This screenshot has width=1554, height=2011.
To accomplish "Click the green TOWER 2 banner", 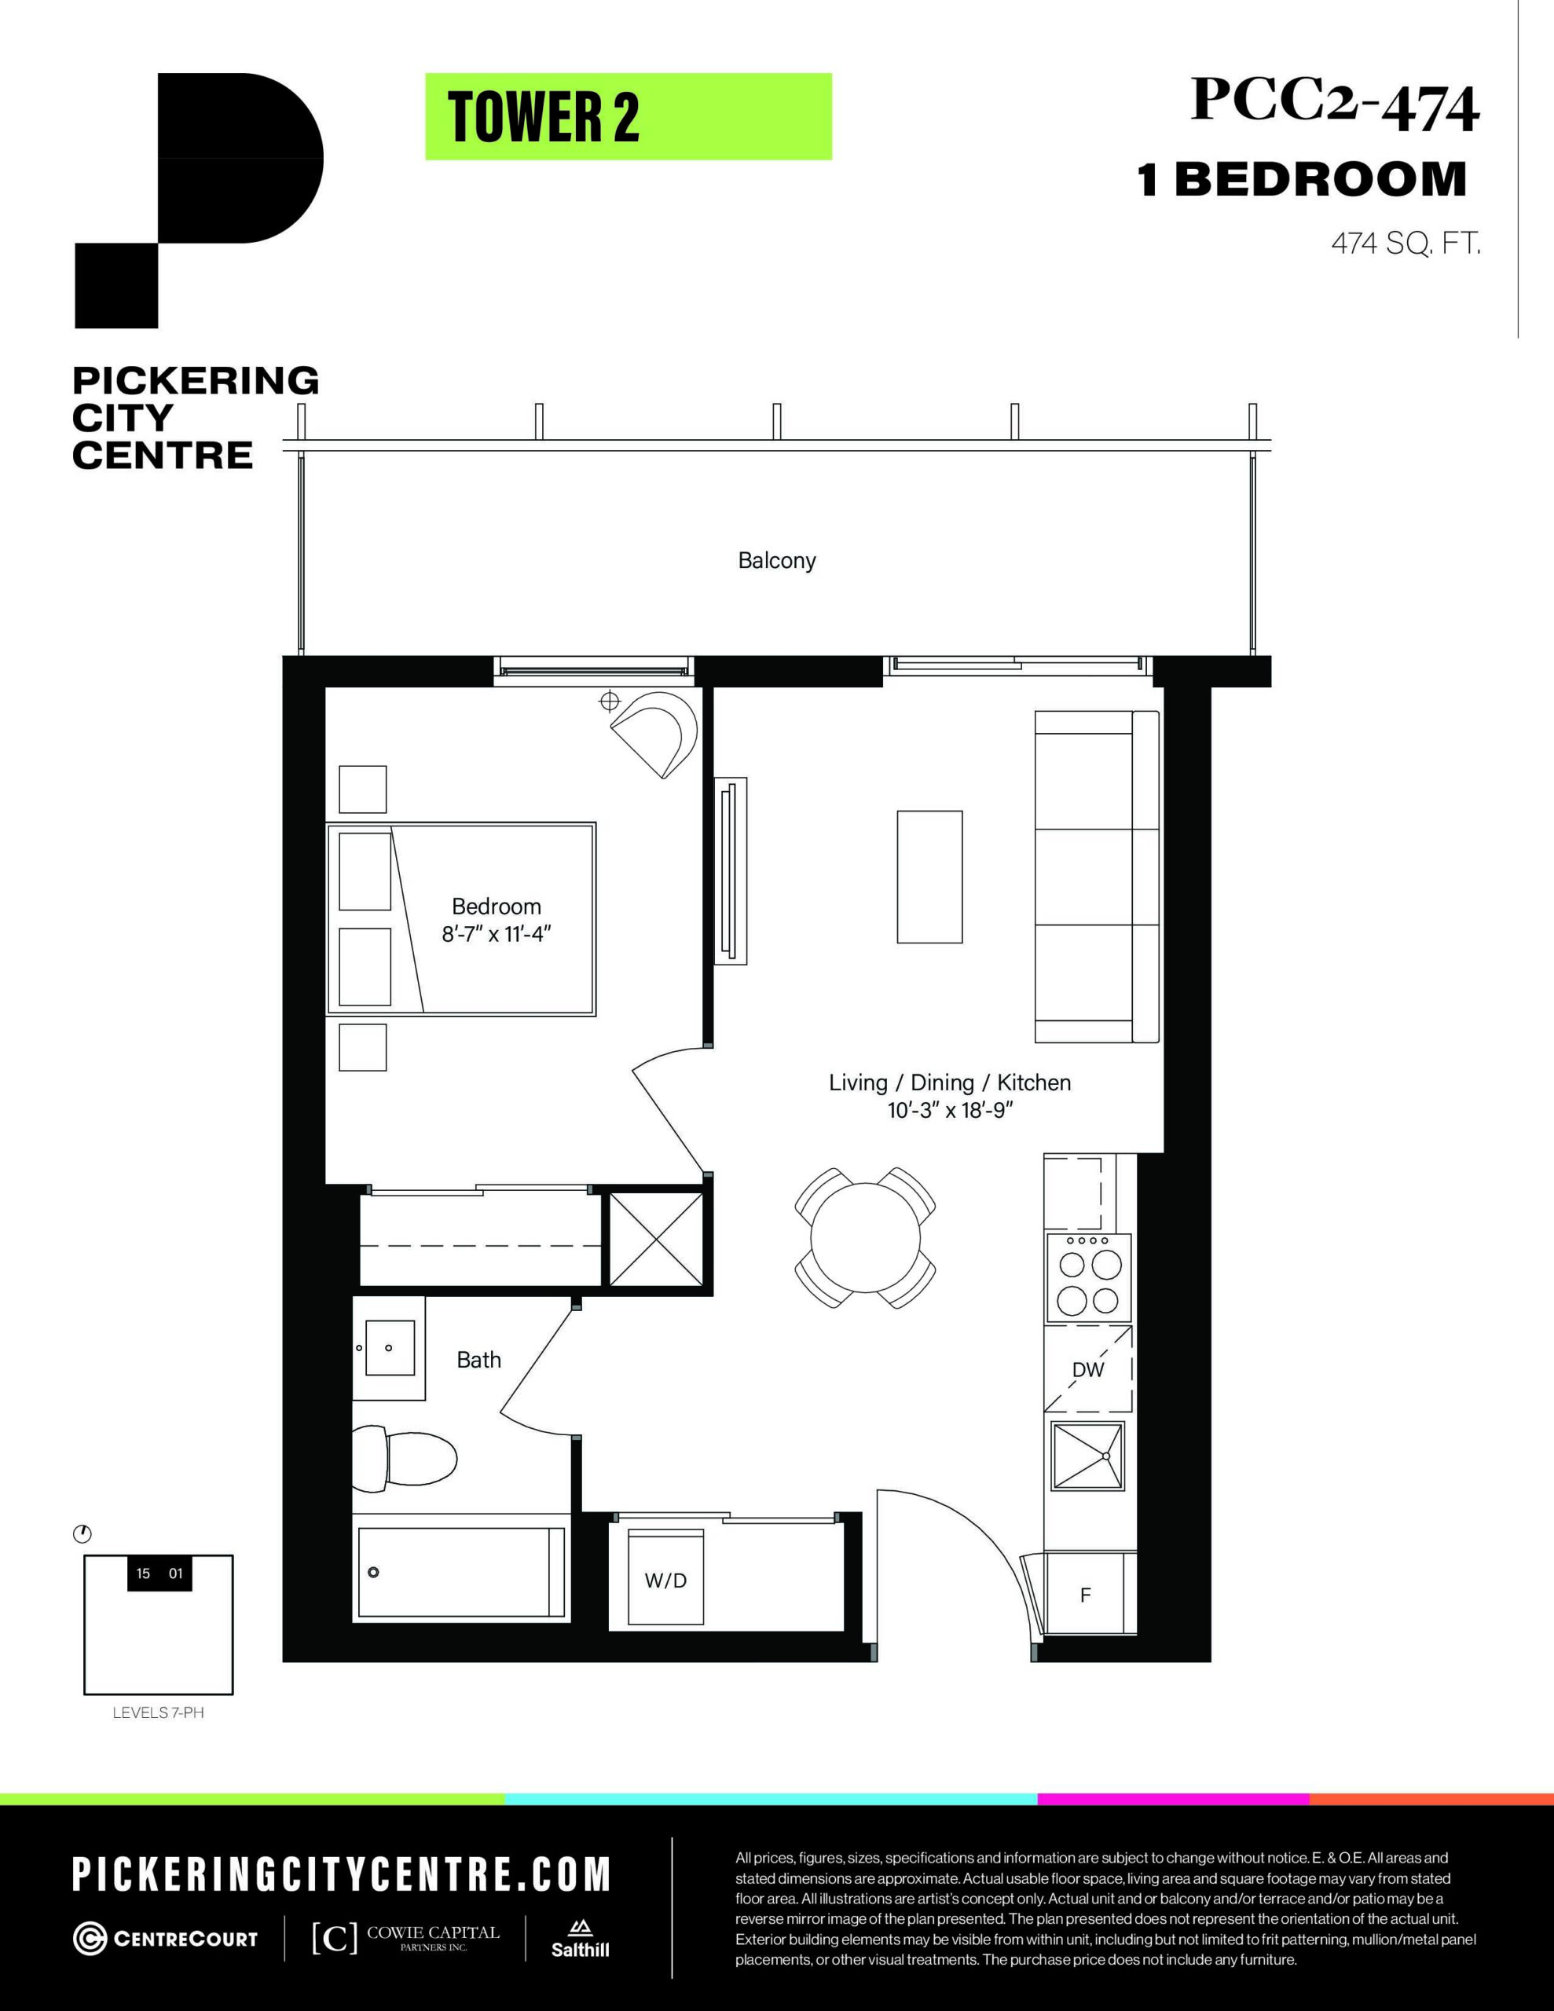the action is coord(629,117).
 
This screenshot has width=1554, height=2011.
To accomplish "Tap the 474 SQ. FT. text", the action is coord(1406,244).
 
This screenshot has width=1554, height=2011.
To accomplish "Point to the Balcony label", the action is coord(776,561).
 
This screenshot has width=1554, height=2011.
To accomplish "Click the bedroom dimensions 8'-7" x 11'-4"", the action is coord(497,935).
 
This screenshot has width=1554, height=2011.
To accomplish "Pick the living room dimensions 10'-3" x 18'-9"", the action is coord(950,1111).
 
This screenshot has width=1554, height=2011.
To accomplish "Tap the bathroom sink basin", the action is coord(390,1347).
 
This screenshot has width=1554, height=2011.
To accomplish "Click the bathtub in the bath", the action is coord(460,1572).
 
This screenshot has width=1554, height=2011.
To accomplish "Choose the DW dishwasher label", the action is coord(1088,1369).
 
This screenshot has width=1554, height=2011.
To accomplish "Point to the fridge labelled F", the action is coord(1085,1595).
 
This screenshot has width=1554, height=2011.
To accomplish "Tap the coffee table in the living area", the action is coord(929,877).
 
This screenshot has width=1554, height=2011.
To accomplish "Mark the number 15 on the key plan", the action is coord(143,1573).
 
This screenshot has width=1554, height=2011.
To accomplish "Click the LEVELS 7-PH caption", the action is coord(157,1713).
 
